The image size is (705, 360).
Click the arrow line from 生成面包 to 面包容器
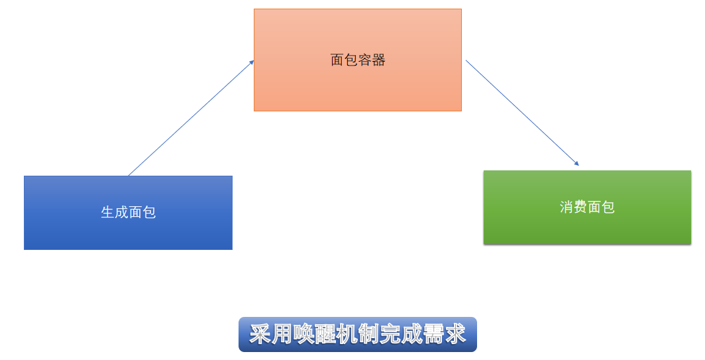(x=191, y=118)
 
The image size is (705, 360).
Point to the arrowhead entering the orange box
(x=252, y=62)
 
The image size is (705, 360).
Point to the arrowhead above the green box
(x=576, y=163)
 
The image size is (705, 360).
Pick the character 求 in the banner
(x=455, y=334)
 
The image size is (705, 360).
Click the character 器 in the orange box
(x=378, y=60)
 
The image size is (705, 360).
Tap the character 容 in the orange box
(x=365, y=60)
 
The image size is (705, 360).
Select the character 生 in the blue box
(x=107, y=212)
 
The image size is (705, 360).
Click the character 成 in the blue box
(x=121, y=212)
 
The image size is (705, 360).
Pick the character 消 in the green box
(x=567, y=207)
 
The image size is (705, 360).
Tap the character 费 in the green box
(x=580, y=207)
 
